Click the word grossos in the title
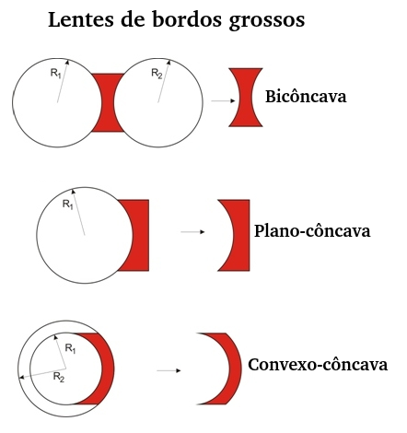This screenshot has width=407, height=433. click(266, 21)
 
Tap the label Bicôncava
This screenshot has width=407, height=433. click(306, 96)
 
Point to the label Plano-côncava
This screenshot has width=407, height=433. click(312, 231)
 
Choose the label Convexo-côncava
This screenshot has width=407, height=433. click(318, 365)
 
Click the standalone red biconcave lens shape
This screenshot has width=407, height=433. click(246, 98)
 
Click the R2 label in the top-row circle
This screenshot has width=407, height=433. click(157, 74)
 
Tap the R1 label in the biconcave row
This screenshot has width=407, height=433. click(55, 74)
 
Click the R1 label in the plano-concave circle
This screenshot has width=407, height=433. click(68, 204)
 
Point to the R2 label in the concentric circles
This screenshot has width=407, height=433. click(59, 377)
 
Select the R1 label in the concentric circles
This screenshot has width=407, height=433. click(71, 348)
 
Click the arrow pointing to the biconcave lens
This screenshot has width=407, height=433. click(223, 100)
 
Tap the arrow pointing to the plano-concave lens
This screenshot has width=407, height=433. click(192, 232)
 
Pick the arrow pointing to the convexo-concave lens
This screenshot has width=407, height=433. click(169, 370)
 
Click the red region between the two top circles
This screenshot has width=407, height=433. click(108, 102)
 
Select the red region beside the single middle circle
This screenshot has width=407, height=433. click(141, 235)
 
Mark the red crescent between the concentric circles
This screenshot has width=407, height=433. click(108, 369)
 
